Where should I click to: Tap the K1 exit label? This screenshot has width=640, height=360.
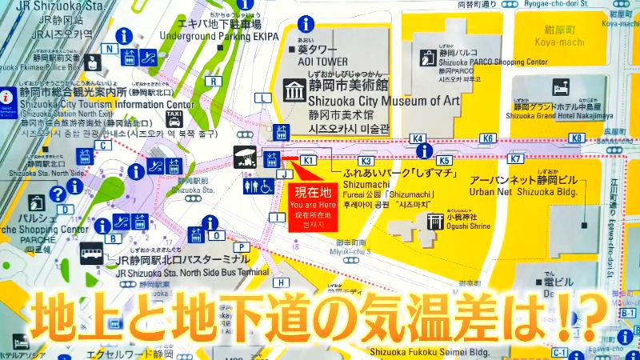[x=309, y=161]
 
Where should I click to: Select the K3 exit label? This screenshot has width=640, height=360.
[x=366, y=161]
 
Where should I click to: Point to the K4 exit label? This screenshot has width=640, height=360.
[x=417, y=138]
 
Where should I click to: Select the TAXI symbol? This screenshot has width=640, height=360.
[x=174, y=119]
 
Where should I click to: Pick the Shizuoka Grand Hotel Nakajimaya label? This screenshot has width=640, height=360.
[x=557, y=114]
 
